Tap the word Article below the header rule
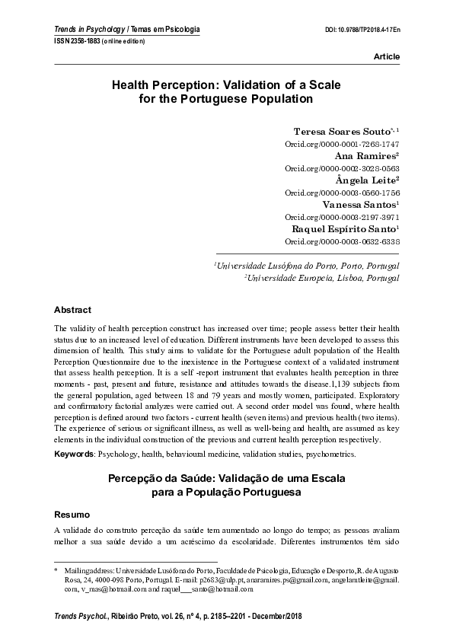click(386, 58)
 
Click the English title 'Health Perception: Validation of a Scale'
click(226, 86)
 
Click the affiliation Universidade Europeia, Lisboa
click(321, 279)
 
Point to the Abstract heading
click(72, 310)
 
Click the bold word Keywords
click(73, 454)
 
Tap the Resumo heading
click(72, 515)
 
